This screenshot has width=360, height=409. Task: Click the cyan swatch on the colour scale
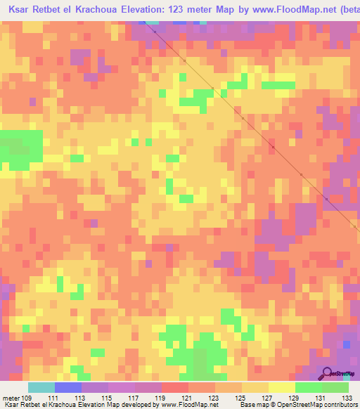[x=41, y=387]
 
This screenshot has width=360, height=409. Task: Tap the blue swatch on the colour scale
[x=68, y=387]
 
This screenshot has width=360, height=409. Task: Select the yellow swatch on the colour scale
[x=282, y=387]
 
